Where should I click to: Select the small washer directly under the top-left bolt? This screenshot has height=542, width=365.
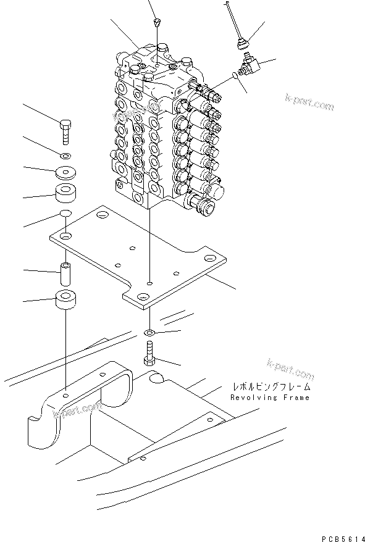click(65, 154)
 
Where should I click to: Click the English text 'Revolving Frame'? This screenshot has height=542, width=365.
click(270, 398)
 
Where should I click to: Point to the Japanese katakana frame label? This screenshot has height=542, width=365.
click(271, 387)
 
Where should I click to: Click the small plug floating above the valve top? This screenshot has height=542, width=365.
click(157, 23)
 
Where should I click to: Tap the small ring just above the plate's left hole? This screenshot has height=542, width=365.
click(65, 214)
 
